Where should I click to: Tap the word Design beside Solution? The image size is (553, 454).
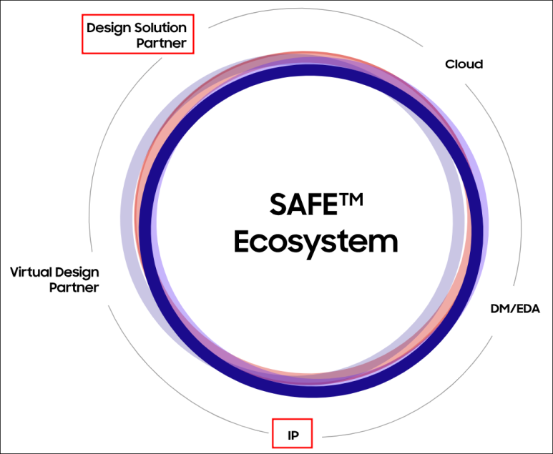(x=112, y=28)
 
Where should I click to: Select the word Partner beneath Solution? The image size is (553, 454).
(x=161, y=43)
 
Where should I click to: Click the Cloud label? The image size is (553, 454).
(x=464, y=64)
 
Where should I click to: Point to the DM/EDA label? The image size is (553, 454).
(x=515, y=309)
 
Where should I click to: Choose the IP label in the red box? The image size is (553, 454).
(x=293, y=435)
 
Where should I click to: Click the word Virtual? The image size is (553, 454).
(x=31, y=272)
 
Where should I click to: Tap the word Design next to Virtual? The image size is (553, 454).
(x=77, y=273)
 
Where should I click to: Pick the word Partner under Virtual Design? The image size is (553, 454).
(x=74, y=287)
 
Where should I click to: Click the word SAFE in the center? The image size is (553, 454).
(x=303, y=204)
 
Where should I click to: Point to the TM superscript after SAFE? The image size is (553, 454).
(x=351, y=199)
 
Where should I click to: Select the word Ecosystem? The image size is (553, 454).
(x=315, y=242)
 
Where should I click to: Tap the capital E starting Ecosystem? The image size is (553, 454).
(x=242, y=241)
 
